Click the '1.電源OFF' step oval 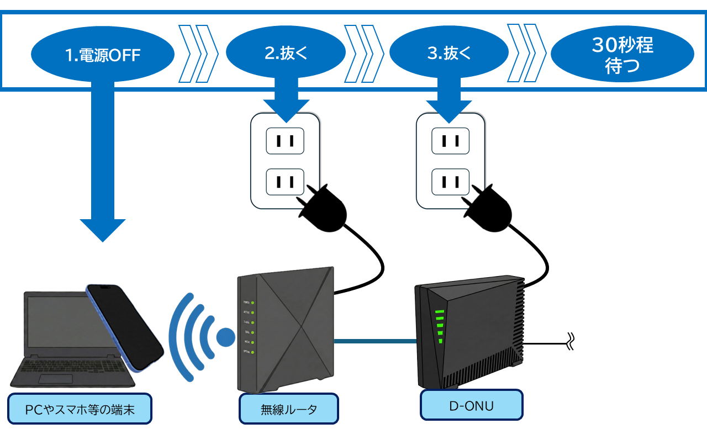point(103,54)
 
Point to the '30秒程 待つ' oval point(622,54)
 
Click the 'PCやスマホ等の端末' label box point(80,409)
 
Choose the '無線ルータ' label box point(288,410)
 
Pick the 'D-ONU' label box point(471,406)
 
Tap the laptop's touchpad point(56,379)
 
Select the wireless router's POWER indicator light point(252,303)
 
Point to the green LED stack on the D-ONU point(440,326)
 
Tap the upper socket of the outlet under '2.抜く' point(285,141)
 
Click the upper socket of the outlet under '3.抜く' point(450,141)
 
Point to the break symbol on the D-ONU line point(571,342)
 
